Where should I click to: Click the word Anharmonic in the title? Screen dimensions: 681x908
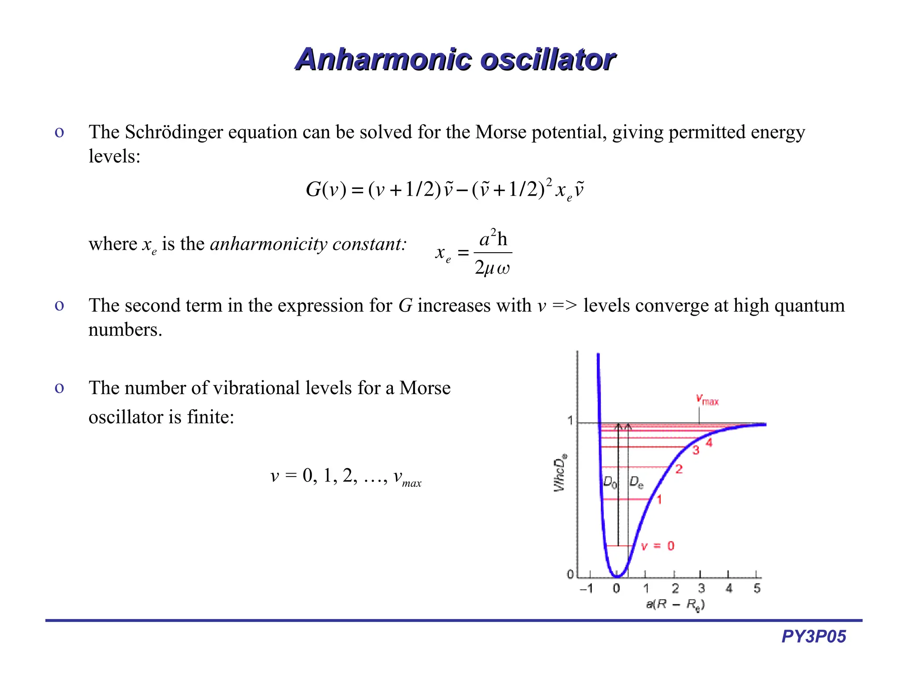pos(383,59)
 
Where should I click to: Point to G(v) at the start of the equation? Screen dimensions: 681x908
pos(326,190)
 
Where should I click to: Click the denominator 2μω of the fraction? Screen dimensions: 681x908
pos(492,268)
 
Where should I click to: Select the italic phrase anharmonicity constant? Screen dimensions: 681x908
pos(308,244)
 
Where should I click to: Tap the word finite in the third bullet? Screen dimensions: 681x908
pos(210,417)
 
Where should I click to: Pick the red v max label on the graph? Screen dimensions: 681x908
pos(707,399)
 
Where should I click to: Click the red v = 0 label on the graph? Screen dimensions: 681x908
pos(658,546)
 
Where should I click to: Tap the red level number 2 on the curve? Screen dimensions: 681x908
pos(679,469)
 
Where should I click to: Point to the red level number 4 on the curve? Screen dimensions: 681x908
pos(709,442)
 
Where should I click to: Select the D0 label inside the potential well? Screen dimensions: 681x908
pos(610,482)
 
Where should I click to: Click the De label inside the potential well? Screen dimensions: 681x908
pos(636,482)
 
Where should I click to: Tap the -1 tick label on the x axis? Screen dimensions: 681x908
pos(586,589)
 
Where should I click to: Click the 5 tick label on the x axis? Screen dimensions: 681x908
pos(757,589)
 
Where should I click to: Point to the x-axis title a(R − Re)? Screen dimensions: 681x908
pos(675,604)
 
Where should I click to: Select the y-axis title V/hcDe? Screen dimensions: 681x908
pos(560,473)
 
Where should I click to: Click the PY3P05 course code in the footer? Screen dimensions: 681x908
pos(814,637)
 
